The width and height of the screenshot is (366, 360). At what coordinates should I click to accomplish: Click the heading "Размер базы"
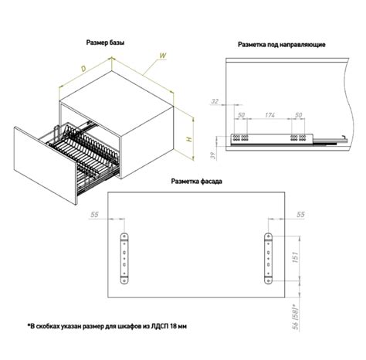pyautogui.click(x=105, y=42)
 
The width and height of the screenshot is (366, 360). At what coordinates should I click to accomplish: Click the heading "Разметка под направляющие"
pyautogui.click(x=282, y=45)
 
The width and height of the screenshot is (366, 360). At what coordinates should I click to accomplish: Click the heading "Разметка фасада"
pyautogui.click(x=197, y=182)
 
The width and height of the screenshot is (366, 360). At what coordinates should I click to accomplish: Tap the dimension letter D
pyautogui.click(x=83, y=69)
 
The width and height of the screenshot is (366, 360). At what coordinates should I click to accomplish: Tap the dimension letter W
pyautogui.click(x=163, y=56)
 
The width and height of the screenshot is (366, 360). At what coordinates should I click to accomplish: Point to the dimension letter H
pyautogui.click(x=189, y=139)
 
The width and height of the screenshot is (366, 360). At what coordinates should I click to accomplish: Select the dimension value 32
pyautogui.click(x=215, y=101)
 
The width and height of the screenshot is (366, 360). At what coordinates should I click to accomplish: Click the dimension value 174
pyautogui.click(x=269, y=115)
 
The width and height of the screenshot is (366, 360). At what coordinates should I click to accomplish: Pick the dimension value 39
pyautogui.click(x=213, y=155)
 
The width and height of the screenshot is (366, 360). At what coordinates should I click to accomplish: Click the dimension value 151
pyautogui.click(x=295, y=257)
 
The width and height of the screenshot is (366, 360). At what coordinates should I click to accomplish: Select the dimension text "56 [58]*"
pyautogui.click(x=296, y=317)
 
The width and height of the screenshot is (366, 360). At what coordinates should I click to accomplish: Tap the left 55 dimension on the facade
pyautogui.click(x=94, y=214)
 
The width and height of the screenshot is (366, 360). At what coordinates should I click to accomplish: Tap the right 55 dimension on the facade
pyautogui.click(x=300, y=214)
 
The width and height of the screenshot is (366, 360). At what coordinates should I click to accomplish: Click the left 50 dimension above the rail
pyautogui.click(x=241, y=115)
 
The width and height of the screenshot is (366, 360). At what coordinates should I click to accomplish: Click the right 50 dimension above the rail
pyautogui.click(x=298, y=115)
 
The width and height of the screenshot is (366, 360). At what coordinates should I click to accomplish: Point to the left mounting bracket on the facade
pyautogui.click(x=124, y=259)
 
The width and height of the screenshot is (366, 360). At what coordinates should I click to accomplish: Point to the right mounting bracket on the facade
pyautogui.click(x=268, y=259)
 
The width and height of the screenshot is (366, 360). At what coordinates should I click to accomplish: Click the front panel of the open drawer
pyautogui.click(x=45, y=165)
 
